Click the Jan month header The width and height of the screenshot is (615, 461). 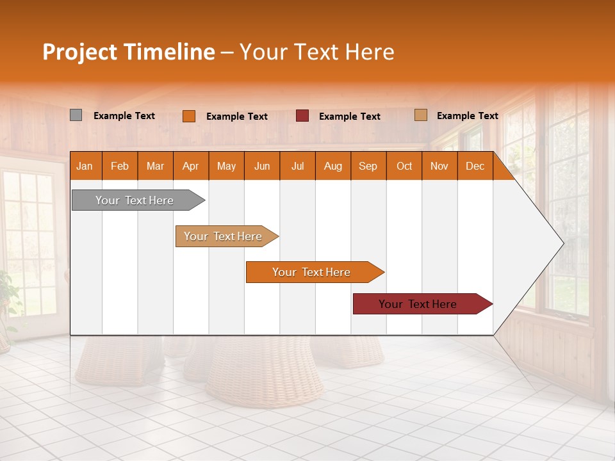click(x=85, y=166)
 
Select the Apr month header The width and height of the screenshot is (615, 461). click(x=191, y=166)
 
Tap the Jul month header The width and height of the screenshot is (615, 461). click(x=297, y=166)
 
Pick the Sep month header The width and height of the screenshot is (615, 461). click(x=368, y=166)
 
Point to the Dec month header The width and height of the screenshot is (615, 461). click(x=475, y=166)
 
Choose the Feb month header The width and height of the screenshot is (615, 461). click(x=120, y=166)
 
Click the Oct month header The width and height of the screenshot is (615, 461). click(x=404, y=166)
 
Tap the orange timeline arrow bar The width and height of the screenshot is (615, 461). click(x=312, y=272)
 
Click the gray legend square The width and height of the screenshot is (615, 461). click(x=76, y=115)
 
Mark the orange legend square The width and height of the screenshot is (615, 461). click(x=188, y=116)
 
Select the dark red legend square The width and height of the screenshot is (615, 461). click(x=302, y=116)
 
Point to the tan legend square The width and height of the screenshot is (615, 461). click(x=420, y=115)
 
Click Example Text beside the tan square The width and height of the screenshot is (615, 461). click(x=467, y=116)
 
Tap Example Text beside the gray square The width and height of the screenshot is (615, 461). click(x=124, y=116)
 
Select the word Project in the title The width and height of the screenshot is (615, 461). click(x=79, y=52)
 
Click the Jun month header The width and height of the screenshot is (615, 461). click(x=262, y=166)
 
